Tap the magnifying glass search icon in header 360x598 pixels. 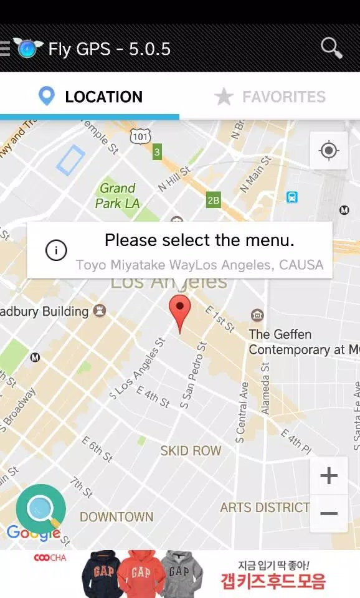331,47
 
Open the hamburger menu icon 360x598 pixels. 5,49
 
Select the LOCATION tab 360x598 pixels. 90,97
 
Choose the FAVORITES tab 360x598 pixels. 270,97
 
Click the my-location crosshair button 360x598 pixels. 328,150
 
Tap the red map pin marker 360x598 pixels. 180,311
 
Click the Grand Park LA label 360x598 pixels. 117,195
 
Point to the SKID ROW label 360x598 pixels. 191,450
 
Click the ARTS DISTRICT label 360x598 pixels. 265,507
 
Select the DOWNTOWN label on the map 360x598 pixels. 116,516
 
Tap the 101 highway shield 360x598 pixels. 140,135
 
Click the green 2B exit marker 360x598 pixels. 214,200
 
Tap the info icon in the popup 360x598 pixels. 56,250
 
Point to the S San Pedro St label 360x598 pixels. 192,376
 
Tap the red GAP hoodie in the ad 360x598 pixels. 141,573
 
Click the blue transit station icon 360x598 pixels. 292,197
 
